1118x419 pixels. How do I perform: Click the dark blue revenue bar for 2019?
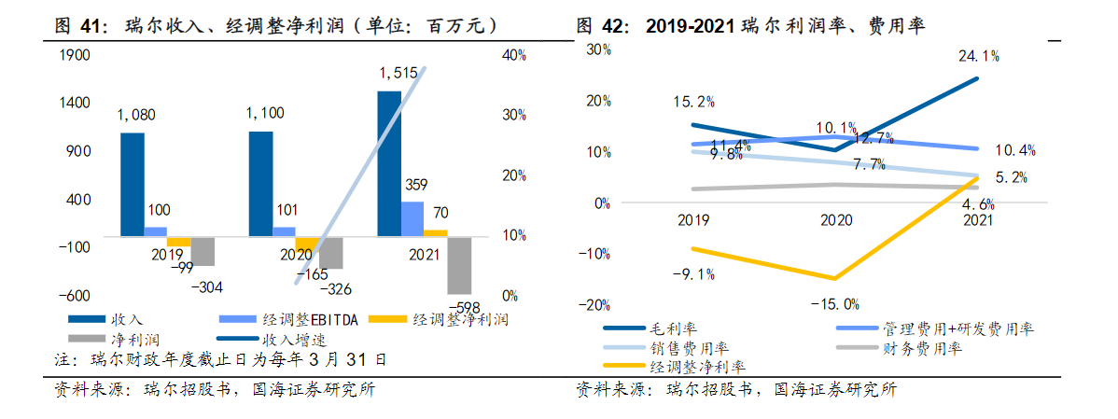(133, 184)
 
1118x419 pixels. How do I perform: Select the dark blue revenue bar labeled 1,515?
(389, 163)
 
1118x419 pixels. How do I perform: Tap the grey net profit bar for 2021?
(458, 265)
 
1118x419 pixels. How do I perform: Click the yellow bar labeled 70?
(435, 232)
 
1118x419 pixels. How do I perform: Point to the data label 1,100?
(264, 114)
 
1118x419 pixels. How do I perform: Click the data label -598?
(464, 307)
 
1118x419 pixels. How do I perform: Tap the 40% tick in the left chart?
(515, 56)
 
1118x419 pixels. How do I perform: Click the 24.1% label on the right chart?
(978, 56)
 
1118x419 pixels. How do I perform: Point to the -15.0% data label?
(834, 303)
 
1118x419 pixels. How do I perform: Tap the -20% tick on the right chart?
(595, 304)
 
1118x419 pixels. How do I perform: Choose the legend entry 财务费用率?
(922, 349)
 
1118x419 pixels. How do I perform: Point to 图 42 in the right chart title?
(598, 25)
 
